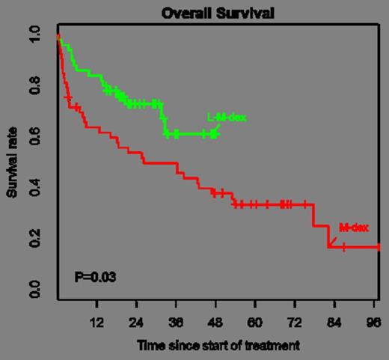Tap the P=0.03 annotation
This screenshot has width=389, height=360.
pos(95,277)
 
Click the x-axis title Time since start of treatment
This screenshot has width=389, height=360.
pos(218,346)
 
